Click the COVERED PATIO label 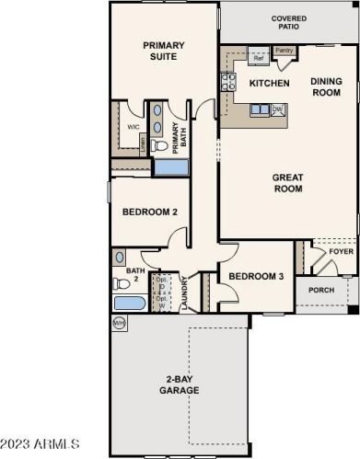point(288,23)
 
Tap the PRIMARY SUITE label point(164,51)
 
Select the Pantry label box point(284,51)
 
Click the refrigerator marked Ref point(259,57)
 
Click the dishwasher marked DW point(277,109)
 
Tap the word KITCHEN point(270,84)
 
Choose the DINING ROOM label point(326,86)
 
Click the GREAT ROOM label point(288,183)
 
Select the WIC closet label point(133,128)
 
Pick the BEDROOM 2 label point(150,212)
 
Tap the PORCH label point(321,291)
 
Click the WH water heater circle point(119,323)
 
